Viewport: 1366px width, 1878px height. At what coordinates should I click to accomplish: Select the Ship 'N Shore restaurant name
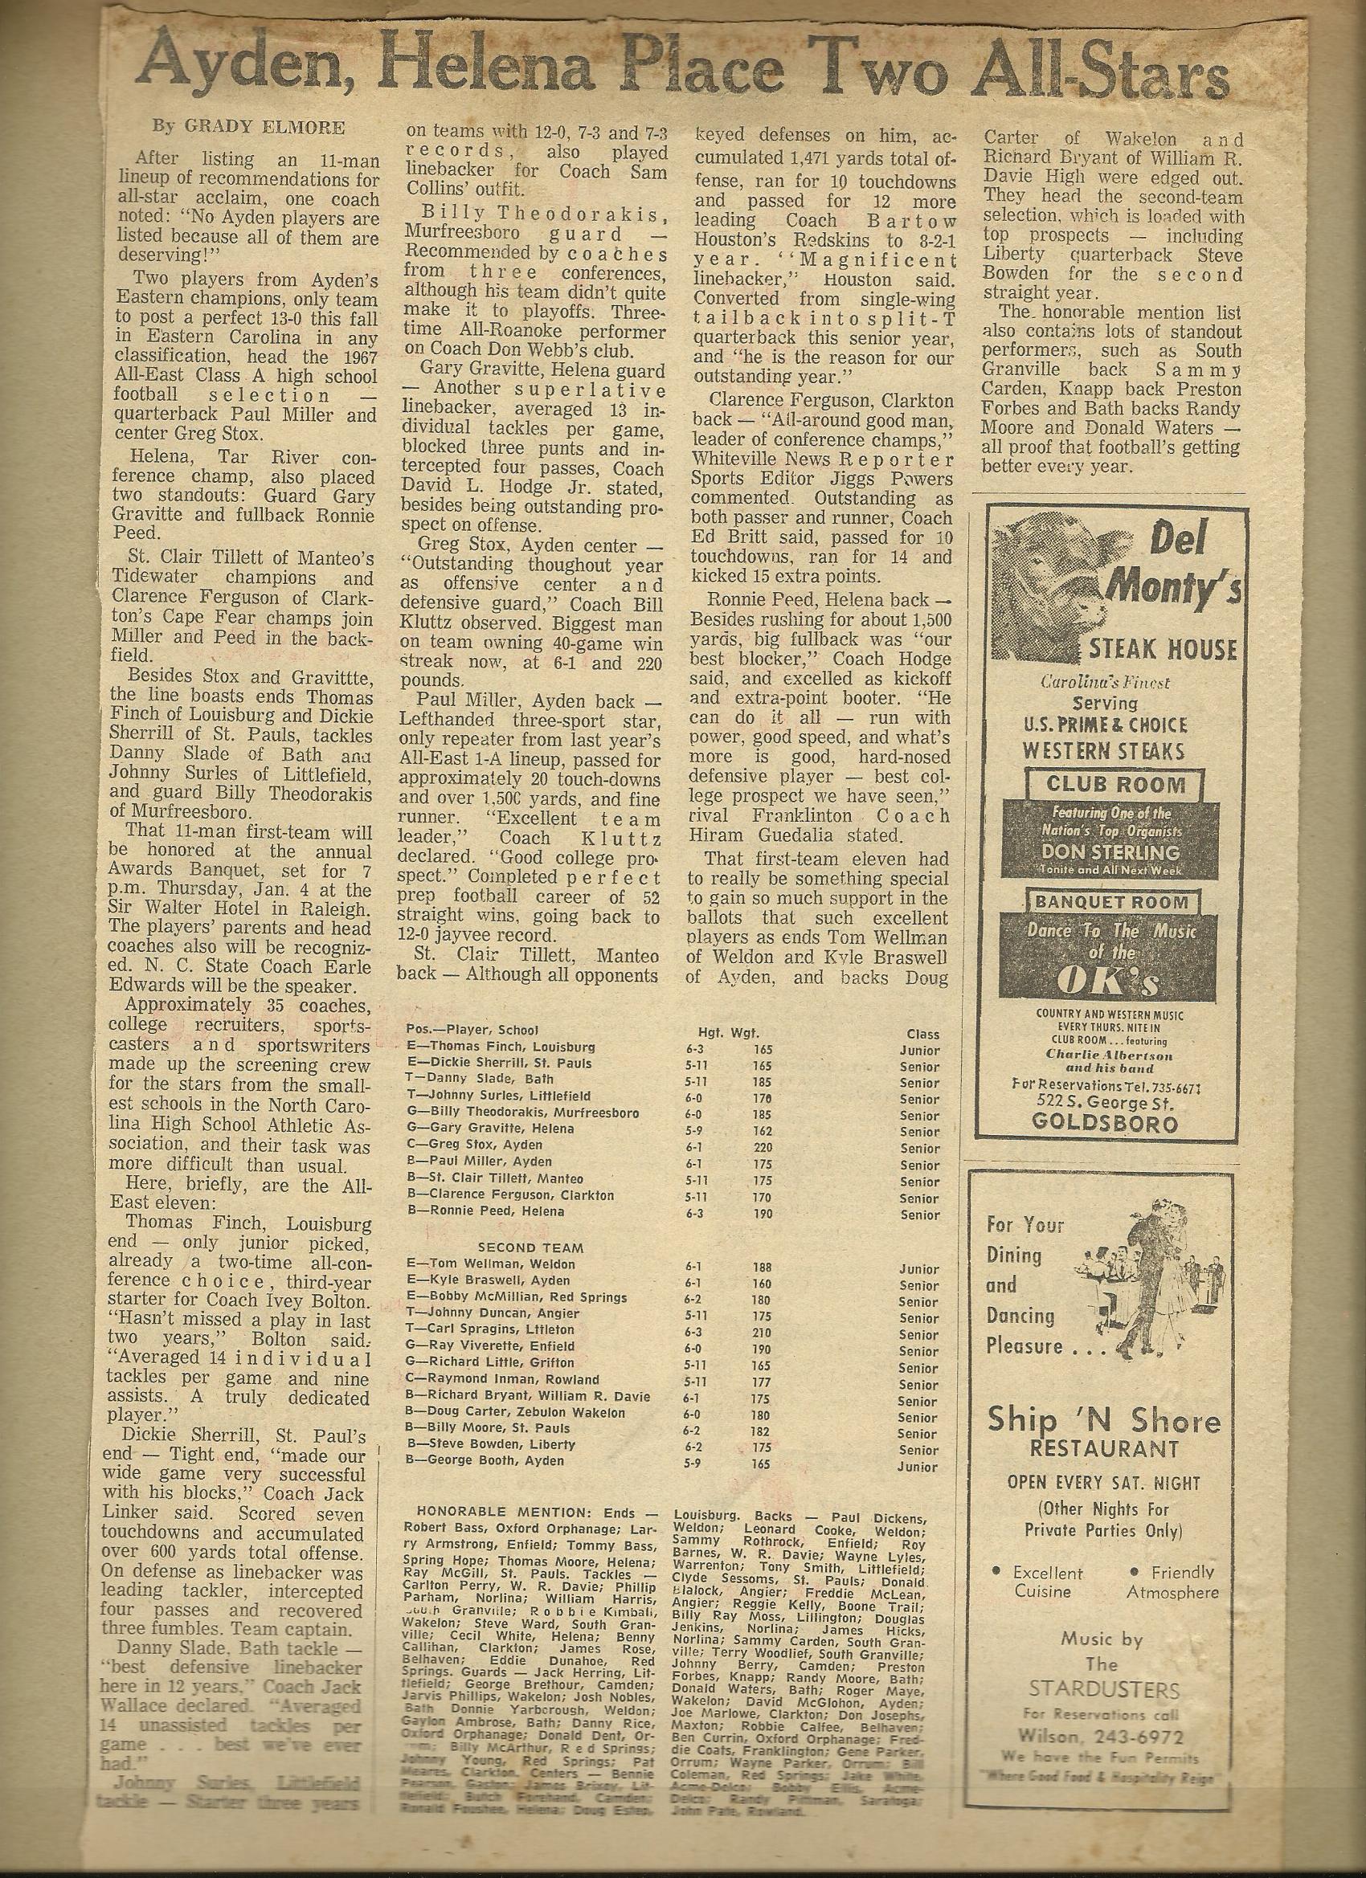pyautogui.click(x=1103, y=1421)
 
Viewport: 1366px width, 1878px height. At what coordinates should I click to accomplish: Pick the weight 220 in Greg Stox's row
pyautogui.click(x=762, y=1149)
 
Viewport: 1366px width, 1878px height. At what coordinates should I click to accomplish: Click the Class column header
pyautogui.click(x=922, y=1035)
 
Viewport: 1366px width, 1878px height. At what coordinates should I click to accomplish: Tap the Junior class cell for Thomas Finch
pyautogui.click(x=919, y=1050)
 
